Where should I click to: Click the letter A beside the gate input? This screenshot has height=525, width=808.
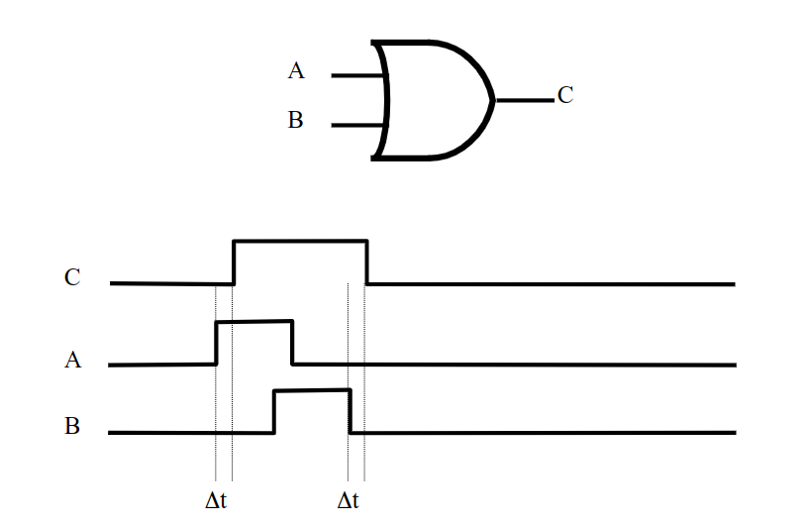296,70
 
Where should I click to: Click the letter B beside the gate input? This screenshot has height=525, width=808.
295,120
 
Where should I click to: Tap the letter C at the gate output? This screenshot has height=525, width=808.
565,95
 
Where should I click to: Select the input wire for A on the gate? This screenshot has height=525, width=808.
358,76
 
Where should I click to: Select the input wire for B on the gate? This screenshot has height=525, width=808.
358,126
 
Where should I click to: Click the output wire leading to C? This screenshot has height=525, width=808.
525,100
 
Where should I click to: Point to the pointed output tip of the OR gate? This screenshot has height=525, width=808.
494,100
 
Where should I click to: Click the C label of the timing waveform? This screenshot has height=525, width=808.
72,277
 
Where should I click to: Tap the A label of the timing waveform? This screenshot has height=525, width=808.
72,360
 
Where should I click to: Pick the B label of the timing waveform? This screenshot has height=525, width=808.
72,426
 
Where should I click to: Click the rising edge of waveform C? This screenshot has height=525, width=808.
234,262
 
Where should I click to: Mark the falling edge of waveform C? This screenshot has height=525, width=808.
367,262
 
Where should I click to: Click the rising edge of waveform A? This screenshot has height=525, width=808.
217,343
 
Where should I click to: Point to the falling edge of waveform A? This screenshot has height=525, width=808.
293,343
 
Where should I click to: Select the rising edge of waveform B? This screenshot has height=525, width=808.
274,412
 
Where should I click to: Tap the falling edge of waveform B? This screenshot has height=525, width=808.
350,411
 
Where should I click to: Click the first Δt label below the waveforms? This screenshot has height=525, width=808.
216,500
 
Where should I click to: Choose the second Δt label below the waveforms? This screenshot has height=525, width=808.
348,500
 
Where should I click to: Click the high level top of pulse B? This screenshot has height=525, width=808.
312,391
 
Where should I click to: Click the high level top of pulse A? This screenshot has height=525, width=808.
254,321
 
